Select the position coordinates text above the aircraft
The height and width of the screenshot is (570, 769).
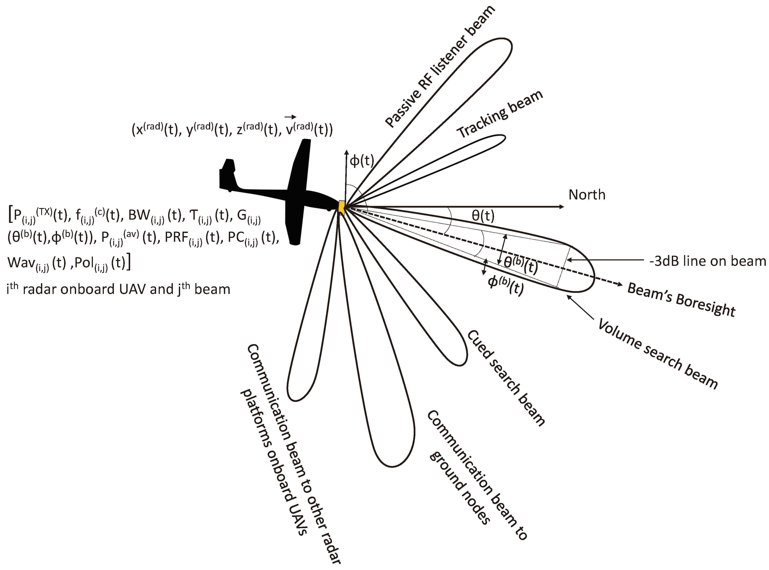pyautogui.click(x=232, y=130)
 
